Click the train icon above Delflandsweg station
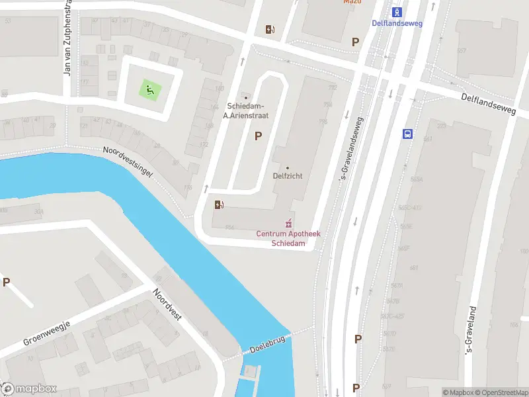point(397,12)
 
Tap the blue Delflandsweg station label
point(397,23)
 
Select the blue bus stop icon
point(407,134)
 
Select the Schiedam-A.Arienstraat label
point(246,110)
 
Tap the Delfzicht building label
point(288,176)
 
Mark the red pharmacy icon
point(288,222)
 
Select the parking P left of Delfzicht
point(258,136)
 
